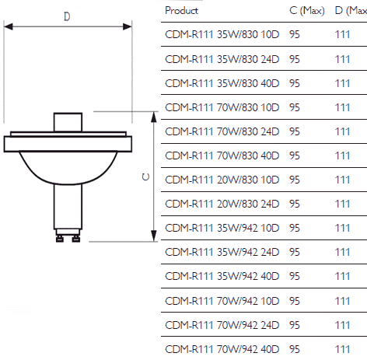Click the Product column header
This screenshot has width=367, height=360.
coord(181,11)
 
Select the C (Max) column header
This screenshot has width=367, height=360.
coord(307,11)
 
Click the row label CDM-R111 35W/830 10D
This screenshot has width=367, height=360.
coord(222,34)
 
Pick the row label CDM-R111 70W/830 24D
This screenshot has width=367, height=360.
coord(222,131)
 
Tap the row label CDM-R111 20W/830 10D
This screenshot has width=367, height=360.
coord(222,180)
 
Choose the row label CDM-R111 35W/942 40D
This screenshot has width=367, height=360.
coord(222,276)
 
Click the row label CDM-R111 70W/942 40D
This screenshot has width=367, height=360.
coord(222,349)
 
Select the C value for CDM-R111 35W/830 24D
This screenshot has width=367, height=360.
coord(295,59)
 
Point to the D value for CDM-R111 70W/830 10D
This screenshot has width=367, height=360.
coord(342,107)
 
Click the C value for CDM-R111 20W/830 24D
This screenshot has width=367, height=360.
coord(295,204)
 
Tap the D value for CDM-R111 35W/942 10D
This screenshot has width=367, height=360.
coord(342,228)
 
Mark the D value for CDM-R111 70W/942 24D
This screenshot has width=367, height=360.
coord(342,325)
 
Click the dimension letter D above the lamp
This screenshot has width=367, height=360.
coord(67,16)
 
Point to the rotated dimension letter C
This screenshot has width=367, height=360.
coord(146,177)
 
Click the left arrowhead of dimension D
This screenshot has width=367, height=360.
coord(9,26)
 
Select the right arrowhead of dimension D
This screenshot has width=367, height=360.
coord(128,26)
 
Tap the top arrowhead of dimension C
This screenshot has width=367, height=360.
coord(154,117)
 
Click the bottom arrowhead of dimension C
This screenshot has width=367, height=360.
coord(154,236)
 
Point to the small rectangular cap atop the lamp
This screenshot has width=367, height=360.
coord(68,122)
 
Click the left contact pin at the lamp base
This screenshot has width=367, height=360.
coord(60,239)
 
